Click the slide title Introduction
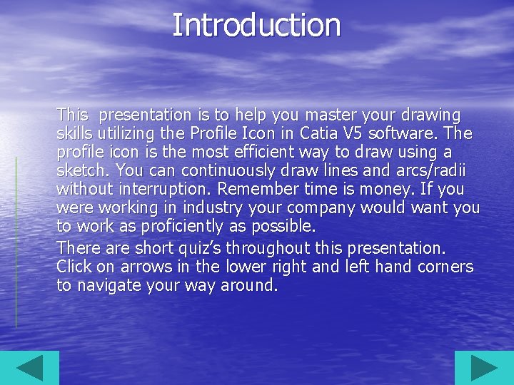[x=256, y=25]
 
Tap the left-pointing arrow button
[x=29, y=368]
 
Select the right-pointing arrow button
[x=483, y=368]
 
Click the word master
[x=330, y=115]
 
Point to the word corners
[x=445, y=267]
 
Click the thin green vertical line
[x=16, y=242]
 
